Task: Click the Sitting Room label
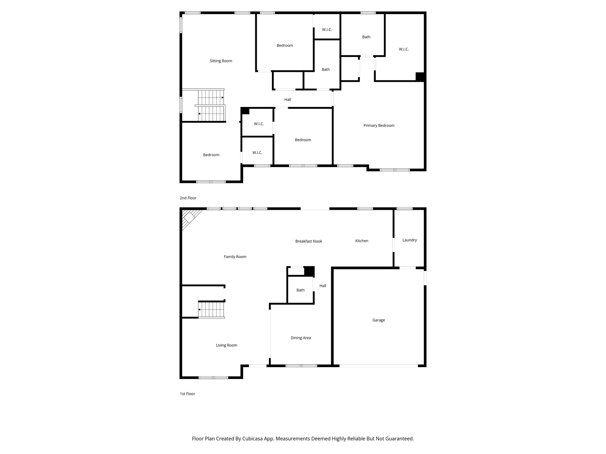point(221,61)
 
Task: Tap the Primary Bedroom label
point(379,125)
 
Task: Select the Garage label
point(378,320)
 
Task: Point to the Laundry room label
point(410,240)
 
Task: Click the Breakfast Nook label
point(309,241)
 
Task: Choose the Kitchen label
point(362,241)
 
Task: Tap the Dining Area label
point(301,338)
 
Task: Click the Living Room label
point(226,345)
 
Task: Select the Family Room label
point(235,257)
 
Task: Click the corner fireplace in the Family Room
point(189,218)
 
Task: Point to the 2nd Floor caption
point(188,198)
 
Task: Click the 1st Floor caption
point(187,394)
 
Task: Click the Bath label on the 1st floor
point(300,290)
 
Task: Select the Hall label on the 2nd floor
point(288,100)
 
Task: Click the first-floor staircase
point(211,310)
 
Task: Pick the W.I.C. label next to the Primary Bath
point(404,49)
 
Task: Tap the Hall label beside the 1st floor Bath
point(323,286)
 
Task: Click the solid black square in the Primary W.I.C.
point(420,77)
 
